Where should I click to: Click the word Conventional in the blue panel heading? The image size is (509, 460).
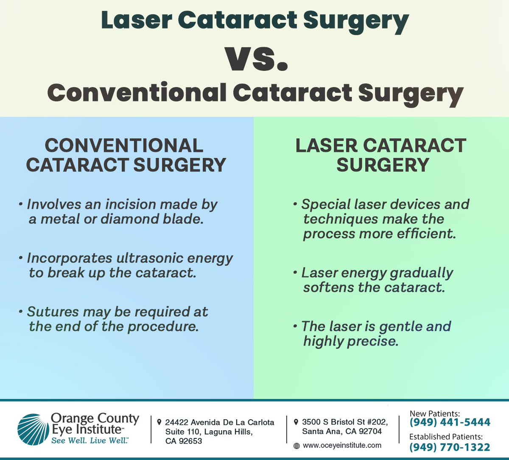click(x=123, y=146)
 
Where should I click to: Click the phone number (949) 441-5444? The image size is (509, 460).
click(x=450, y=422)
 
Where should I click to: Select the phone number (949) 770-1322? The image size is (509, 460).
click(x=450, y=447)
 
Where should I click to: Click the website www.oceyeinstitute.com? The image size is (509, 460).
click(x=342, y=446)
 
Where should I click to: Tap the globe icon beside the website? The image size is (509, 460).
click(x=296, y=446)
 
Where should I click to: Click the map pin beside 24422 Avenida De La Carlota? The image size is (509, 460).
click(x=159, y=422)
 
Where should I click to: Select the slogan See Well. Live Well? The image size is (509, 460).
click(x=89, y=441)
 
